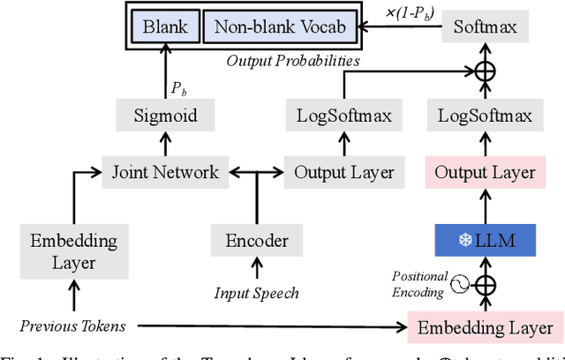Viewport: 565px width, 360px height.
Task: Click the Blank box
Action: (x=166, y=26)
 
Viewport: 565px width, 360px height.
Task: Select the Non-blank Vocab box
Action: (x=282, y=26)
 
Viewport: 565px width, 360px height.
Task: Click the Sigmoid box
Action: (x=166, y=115)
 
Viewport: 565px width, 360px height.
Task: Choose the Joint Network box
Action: (x=166, y=170)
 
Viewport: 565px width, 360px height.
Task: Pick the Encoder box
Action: (x=257, y=241)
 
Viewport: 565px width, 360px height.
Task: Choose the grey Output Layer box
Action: (x=344, y=171)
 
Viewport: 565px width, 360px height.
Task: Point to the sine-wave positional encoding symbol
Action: (x=460, y=284)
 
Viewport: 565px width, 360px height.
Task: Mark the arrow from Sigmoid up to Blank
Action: (x=166, y=76)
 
